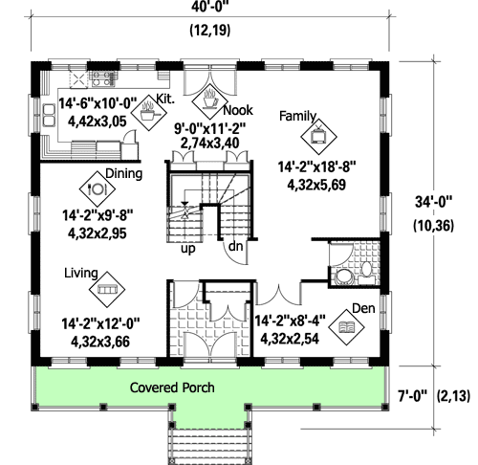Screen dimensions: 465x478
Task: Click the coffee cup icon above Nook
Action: (210, 97)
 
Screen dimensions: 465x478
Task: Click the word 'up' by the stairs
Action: (188, 249)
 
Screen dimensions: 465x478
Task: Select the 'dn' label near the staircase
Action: (233, 249)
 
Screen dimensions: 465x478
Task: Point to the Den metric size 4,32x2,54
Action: (292, 337)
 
